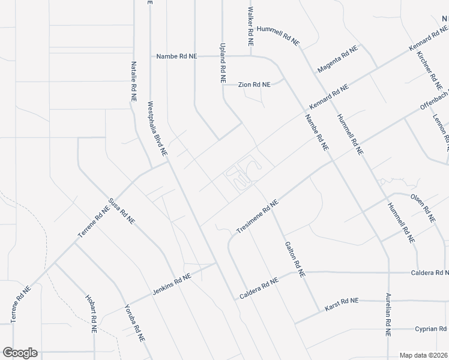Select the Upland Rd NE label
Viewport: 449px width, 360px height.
pyautogui.click(x=223, y=62)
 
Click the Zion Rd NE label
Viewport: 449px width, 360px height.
pyautogui.click(x=254, y=85)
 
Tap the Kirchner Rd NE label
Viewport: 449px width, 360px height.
pyautogui.click(x=427, y=67)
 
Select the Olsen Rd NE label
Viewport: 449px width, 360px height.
pyautogui.click(x=423, y=207)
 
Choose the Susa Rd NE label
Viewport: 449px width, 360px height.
pyautogui.click(x=121, y=211)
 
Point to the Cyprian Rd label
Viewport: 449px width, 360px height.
pyautogui.click(x=430, y=329)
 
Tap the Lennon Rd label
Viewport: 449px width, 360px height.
pyautogui.click(x=441, y=129)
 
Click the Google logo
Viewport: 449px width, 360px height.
pyautogui.click(x=20, y=353)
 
